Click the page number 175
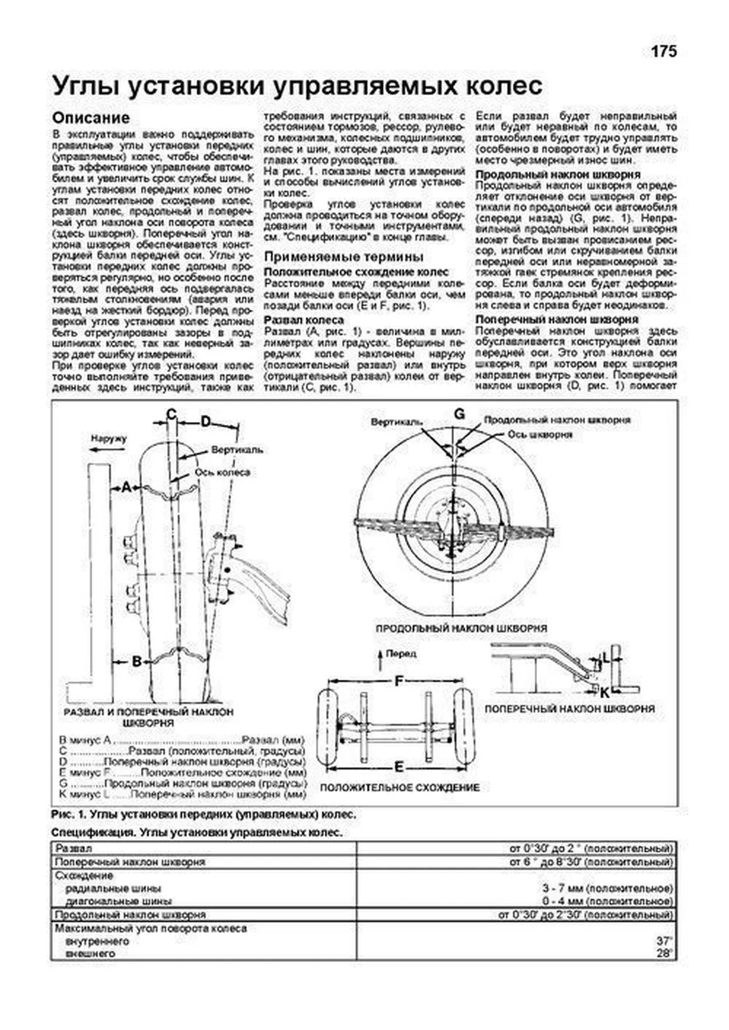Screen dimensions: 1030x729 pyautogui.click(x=663, y=52)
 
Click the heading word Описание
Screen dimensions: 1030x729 pyautogui.click(x=91, y=118)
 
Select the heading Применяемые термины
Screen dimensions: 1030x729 pyautogui.click(x=344, y=257)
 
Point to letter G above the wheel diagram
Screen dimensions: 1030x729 pyautogui.click(x=459, y=414)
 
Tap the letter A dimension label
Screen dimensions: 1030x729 pyautogui.click(x=126, y=487)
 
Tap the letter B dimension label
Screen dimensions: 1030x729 pyautogui.click(x=137, y=661)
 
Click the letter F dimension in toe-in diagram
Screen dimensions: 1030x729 pyautogui.click(x=399, y=681)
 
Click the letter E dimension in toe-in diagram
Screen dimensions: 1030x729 pyautogui.click(x=399, y=767)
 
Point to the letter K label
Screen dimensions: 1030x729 pyautogui.click(x=605, y=692)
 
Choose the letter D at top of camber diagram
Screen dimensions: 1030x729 pyautogui.click(x=206, y=421)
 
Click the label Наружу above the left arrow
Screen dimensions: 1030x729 pyautogui.click(x=109, y=438)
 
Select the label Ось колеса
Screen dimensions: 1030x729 pyautogui.click(x=222, y=472)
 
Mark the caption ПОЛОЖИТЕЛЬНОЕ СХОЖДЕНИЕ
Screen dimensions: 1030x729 pyautogui.click(x=399, y=788)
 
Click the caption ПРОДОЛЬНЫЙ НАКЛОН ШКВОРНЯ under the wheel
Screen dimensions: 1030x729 pyautogui.click(x=461, y=629)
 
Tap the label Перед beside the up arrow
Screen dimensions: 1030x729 pyautogui.click(x=402, y=653)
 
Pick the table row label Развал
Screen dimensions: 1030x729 pyautogui.click(x=74, y=848)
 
